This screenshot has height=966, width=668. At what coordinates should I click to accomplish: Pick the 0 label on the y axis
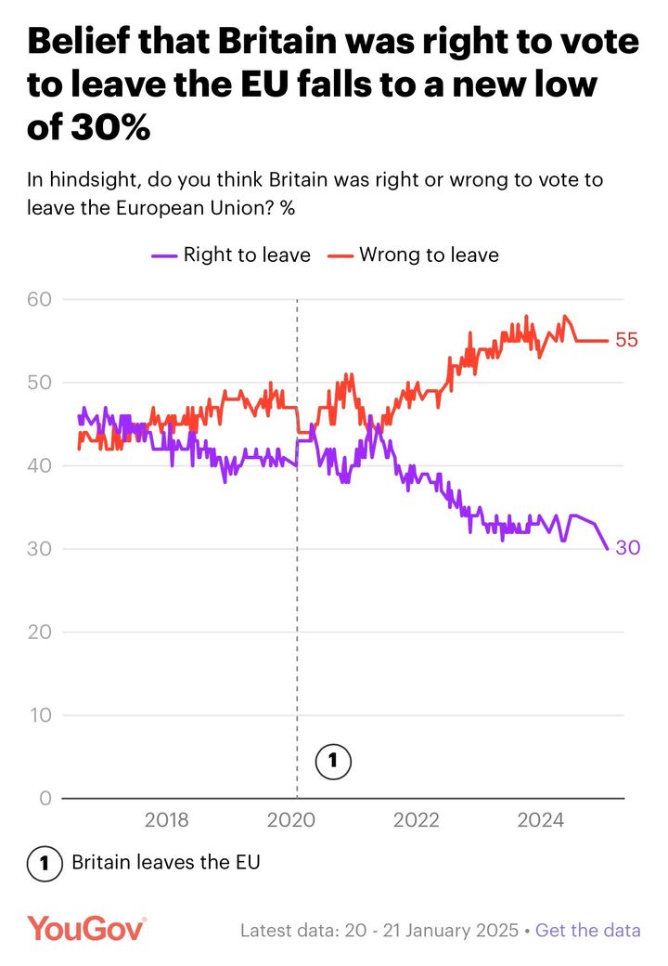45,799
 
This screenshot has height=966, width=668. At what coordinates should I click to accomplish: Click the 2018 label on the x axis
167,820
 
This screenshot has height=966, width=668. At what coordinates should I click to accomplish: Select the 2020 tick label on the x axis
291,820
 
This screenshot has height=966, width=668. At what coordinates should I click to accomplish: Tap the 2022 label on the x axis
416,820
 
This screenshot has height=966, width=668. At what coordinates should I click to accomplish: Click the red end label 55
627,341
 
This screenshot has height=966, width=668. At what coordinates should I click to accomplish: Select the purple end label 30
628,549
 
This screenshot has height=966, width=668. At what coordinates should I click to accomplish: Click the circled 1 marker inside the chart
332,763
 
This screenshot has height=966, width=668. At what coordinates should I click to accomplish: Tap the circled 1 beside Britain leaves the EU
44,862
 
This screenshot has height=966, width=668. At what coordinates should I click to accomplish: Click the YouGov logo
85,929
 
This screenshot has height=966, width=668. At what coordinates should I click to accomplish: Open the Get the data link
588,931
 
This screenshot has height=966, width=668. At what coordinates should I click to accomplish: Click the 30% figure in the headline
110,128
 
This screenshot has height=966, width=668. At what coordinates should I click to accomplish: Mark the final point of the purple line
608,549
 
